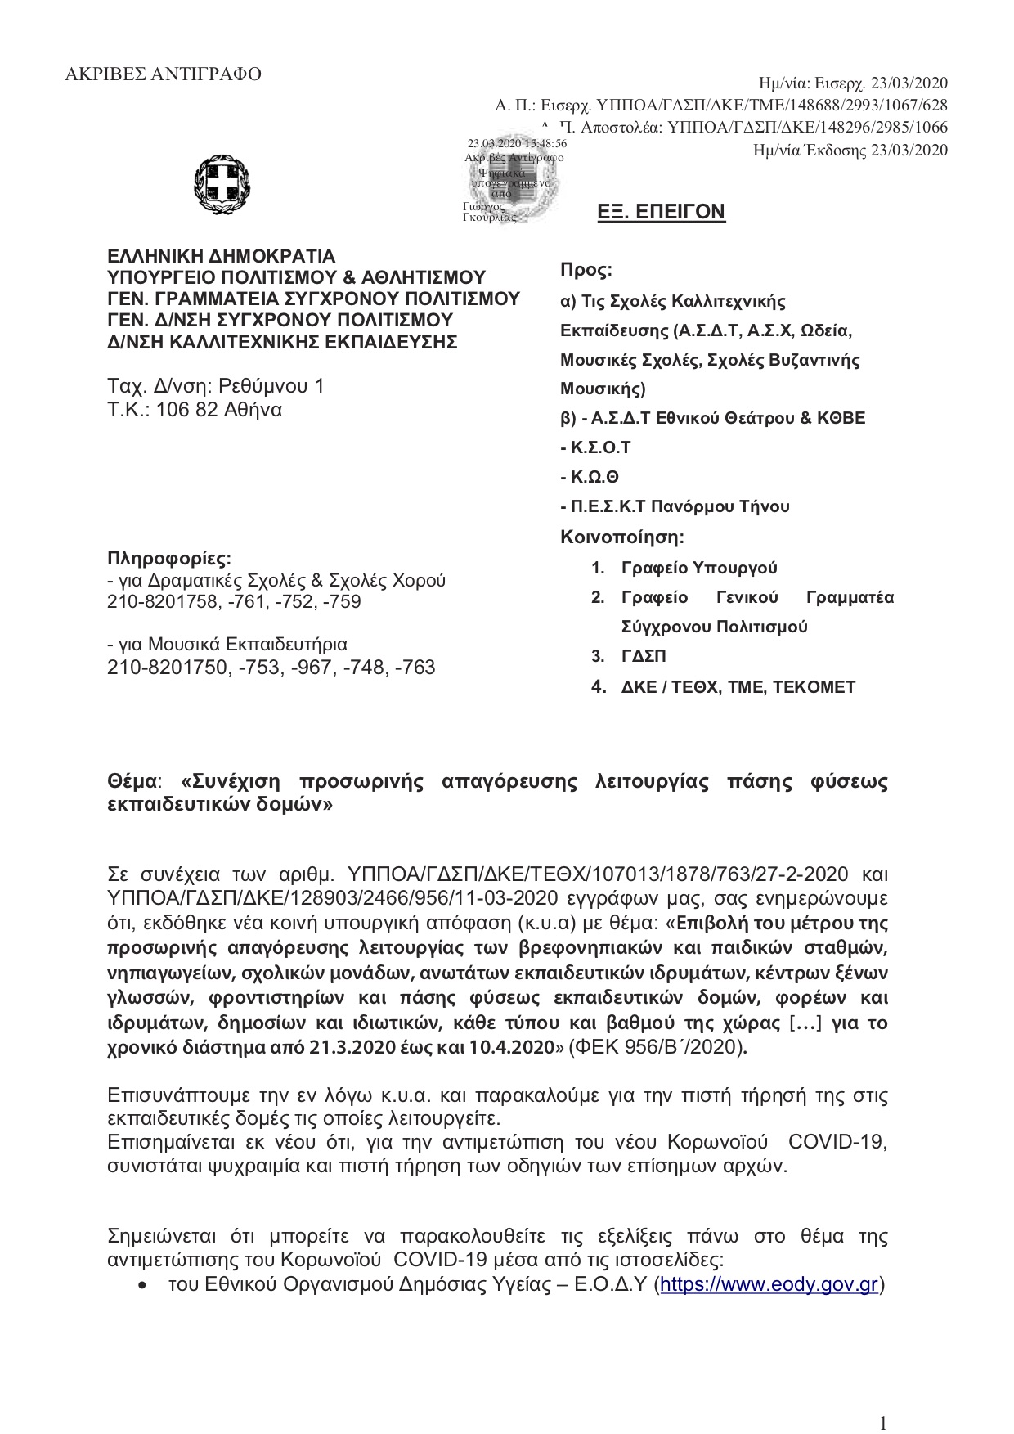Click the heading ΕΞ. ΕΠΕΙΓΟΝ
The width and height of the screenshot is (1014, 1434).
[x=662, y=213]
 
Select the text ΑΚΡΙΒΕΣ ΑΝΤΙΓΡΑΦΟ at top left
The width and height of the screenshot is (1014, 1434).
[x=164, y=74]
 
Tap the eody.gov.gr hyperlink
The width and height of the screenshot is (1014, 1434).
[x=769, y=1285]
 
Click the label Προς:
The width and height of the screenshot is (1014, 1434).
[x=586, y=270]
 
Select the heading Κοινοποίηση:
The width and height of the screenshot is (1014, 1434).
[x=622, y=537]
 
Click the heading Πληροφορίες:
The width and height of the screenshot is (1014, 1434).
[x=169, y=559]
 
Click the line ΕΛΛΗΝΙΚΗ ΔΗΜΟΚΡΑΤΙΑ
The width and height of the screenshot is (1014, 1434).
[x=222, y=257]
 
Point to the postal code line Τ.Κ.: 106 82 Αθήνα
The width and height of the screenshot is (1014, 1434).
[x=195, y=410]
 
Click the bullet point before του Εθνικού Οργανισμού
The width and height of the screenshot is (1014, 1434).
[x=144, y=1287]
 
